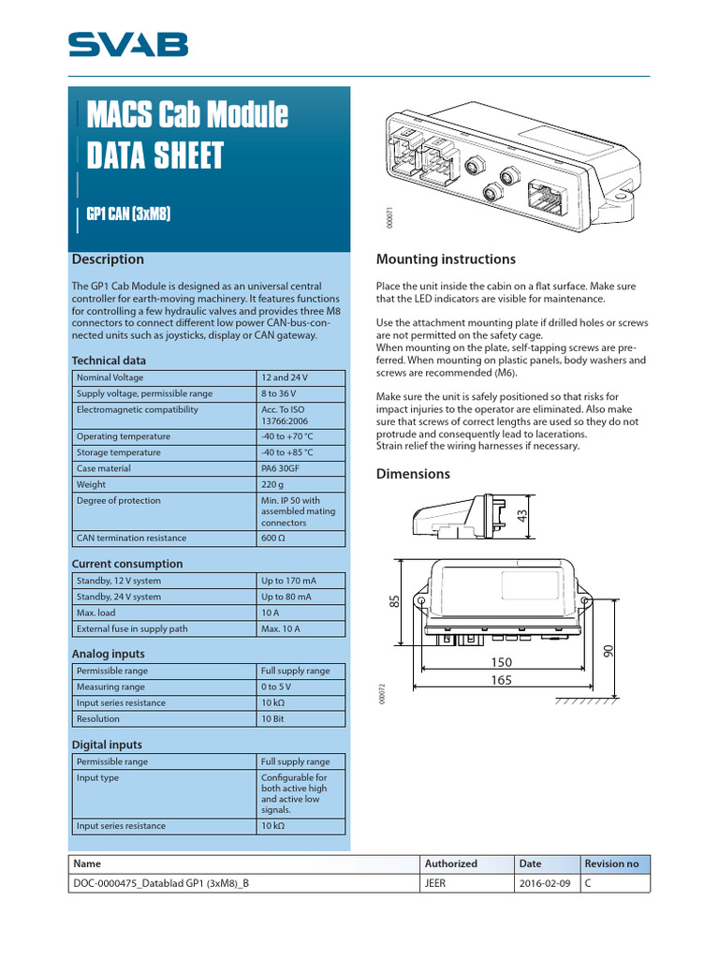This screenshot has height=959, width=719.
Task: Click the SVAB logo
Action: point(127,44)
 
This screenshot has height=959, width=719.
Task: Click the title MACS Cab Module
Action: point(187,116)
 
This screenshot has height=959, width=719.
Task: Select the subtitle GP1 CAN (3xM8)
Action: point(127,214)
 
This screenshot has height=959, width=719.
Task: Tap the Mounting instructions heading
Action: point(446,259)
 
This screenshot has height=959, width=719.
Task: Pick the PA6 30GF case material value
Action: point(281,468)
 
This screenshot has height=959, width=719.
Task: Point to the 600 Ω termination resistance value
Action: point(276,539)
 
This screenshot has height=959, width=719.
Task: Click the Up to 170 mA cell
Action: point(286,581)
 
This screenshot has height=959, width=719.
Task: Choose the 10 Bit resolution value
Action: point(274,719)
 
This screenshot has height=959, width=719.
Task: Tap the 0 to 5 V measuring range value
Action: point(276,687)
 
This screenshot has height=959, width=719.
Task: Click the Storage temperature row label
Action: point(118,452)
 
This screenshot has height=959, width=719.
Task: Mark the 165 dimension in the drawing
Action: point(502,681)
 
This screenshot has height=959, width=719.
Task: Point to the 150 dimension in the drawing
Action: point(502,662)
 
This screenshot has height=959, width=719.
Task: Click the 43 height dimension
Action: point(522,517)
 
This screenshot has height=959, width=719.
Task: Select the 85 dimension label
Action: point(394,604)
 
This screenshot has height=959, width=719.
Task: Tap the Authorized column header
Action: point(451,863)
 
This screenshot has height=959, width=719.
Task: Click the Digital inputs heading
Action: point(108,745)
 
